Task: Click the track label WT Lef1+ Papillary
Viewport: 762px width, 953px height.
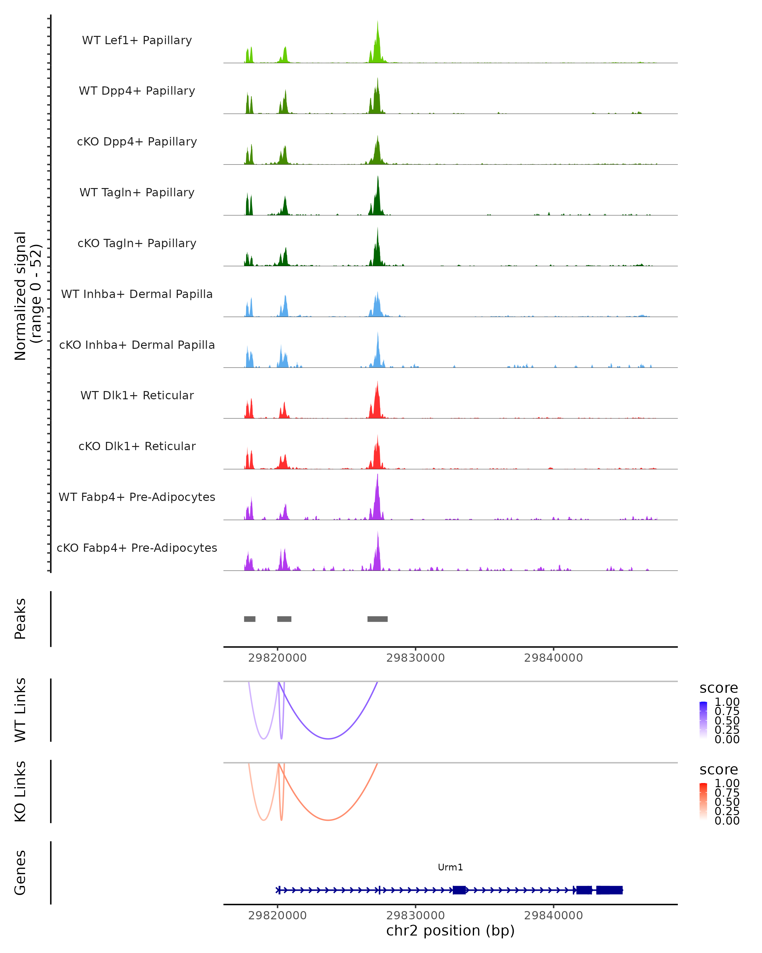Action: click(x=137, y=40)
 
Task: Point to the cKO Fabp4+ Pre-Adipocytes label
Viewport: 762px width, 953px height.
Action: click(x=137, y=548)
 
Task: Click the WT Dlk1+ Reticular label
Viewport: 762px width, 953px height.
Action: click(x=137, y=395)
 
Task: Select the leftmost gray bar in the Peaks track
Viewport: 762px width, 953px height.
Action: click(x=250, y=619)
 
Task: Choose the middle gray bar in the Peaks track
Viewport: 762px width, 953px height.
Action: click(x=284, y=619)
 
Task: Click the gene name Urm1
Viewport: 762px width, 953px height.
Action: click(x=450, y=867)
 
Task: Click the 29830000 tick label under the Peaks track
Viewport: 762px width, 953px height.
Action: click(x=415, y=658)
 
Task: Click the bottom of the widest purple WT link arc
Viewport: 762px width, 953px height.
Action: click(x=328, y=739)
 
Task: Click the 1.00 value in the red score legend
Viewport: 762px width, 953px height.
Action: click(x=727, y=783)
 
